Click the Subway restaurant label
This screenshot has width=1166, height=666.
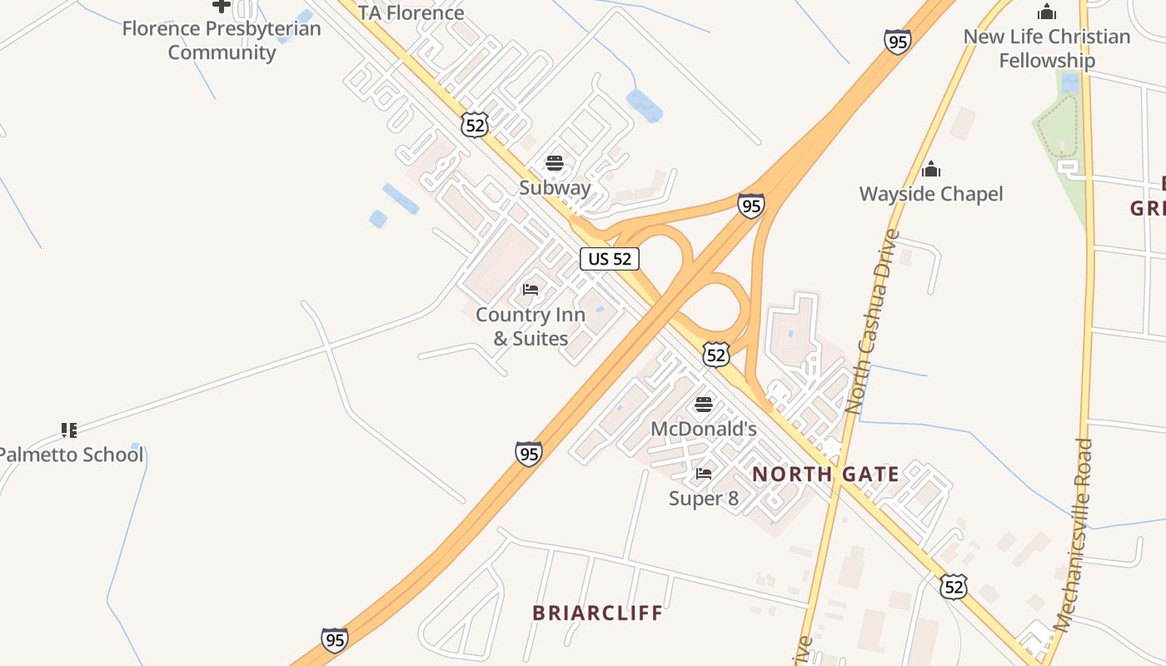pyautogui.click(x=555, y=187)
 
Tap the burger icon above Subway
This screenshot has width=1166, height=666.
pyautogui.click(x=555, y=163)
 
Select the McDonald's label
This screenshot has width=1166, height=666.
pyautogui.click(x=703, y=429)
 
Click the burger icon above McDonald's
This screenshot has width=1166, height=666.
pyautogui.click(x=704, y=405)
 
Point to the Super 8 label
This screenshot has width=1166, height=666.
pyautogui.click(x=704, y=498)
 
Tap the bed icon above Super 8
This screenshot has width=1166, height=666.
pyautogui.click(x=704, y=474)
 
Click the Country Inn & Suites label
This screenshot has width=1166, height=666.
pyautogui.click(x=530, y=326)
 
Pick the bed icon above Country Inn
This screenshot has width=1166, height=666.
pyautogui.click(x=531, y=290)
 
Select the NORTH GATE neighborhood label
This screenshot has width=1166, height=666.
pyautogui.click(x=825, y=475)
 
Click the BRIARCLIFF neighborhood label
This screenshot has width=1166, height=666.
pyautogui.click(x=598, y=614)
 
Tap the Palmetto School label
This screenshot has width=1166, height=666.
pyautogui.click(x=72, y=455)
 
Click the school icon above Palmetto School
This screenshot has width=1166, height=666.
pyautogui.click(x=69, y=430)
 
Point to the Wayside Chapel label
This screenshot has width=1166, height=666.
pyautogui.click(x=931, y=194)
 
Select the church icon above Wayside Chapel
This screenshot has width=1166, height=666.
pyautogui.click(x=931, y=170)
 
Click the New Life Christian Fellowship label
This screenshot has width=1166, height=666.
pyautogui.click(x=1047, y=48)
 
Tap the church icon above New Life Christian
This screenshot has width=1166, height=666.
pyautogui.click(x=1047, y=12)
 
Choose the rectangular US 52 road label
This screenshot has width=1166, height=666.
pyautogui.click(x=610, y=259)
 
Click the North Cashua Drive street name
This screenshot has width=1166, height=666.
pyautogui.click(x=871, y=322)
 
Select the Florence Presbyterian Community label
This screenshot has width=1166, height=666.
pyautogui.click(x=222, y=40)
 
